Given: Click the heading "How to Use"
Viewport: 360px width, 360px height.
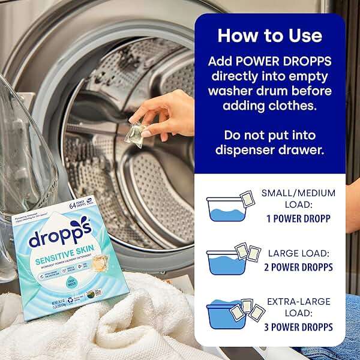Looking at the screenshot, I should tap(269, 35).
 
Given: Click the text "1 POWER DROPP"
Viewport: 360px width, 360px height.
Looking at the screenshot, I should tap(298, 218).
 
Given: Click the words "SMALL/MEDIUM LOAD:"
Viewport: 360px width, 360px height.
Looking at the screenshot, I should tap(298, 199).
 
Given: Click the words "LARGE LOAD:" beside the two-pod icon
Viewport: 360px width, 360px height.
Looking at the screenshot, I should tap(298, 254).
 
